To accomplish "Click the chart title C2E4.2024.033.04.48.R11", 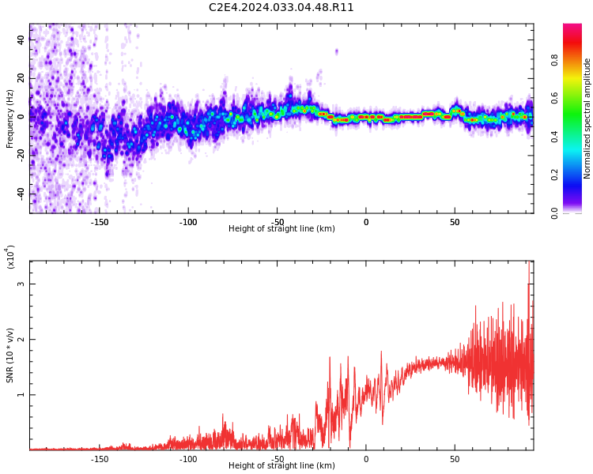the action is (281, 8).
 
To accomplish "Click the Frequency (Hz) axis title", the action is (9, 118).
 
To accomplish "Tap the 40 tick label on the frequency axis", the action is (21, 39).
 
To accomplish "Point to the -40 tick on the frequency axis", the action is (21, 194).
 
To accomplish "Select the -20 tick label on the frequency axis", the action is (21, 156).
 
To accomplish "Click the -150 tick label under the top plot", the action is (99, 222).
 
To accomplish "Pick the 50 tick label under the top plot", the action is (455, 222).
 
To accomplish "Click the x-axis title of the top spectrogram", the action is (281, 228).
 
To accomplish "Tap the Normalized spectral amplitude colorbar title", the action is (587, 118).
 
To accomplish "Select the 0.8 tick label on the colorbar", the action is (554, 60).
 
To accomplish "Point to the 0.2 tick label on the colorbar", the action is (554, 175).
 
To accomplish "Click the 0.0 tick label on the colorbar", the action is (554, 213).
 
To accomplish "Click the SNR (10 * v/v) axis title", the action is (9, 355).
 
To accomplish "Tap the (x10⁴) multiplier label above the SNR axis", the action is (10, 257).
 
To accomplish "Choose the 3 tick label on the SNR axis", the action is (21, 284).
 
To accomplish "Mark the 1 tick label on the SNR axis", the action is (21, 395).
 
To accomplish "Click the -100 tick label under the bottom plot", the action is (188, 459).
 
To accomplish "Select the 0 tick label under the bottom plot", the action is (366, 459).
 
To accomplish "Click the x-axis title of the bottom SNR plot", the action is (281, 465).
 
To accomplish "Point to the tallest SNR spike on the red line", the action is (529, 261).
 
